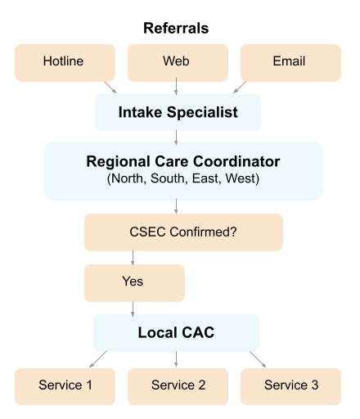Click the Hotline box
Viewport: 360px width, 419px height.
64,62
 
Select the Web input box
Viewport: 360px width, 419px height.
177,62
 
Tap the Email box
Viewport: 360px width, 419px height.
290,62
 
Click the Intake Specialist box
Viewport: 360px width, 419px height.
178,113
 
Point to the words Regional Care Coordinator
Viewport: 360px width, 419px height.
182,161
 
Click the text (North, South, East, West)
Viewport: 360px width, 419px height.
182,178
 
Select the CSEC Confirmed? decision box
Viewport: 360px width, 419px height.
183,232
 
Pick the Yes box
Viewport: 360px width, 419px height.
134,282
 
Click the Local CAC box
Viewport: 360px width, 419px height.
177,333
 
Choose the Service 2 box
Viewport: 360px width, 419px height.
177,385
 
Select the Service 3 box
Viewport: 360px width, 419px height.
290,385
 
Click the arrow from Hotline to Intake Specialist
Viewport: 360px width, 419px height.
110,88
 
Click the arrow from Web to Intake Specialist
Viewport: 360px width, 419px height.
177,88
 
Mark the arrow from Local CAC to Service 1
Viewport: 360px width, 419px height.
99,360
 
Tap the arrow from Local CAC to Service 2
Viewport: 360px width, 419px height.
177,360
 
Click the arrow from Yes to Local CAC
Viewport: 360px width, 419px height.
134,309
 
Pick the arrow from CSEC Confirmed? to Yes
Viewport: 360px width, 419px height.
134,258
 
